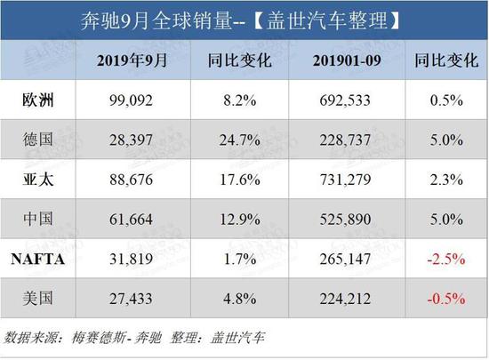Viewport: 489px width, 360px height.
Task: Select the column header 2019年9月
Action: click(x=131, y=60)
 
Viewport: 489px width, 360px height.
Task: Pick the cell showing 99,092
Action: click(x=131, y=99)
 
